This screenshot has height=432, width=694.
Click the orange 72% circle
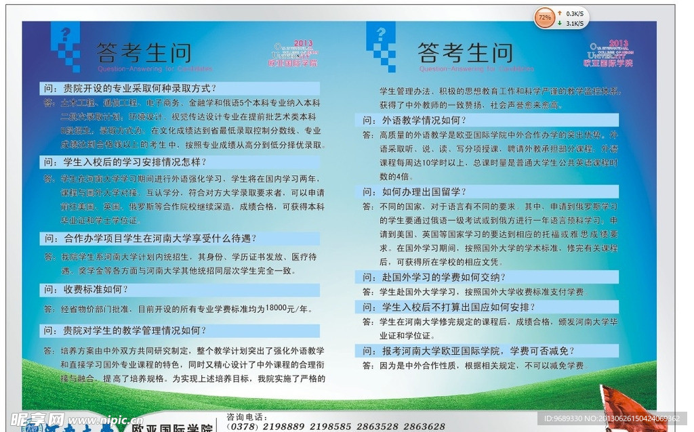pyautogui.click(x=544, y=17)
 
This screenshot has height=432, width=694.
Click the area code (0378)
pyautogui.click(x=241, y=427)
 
